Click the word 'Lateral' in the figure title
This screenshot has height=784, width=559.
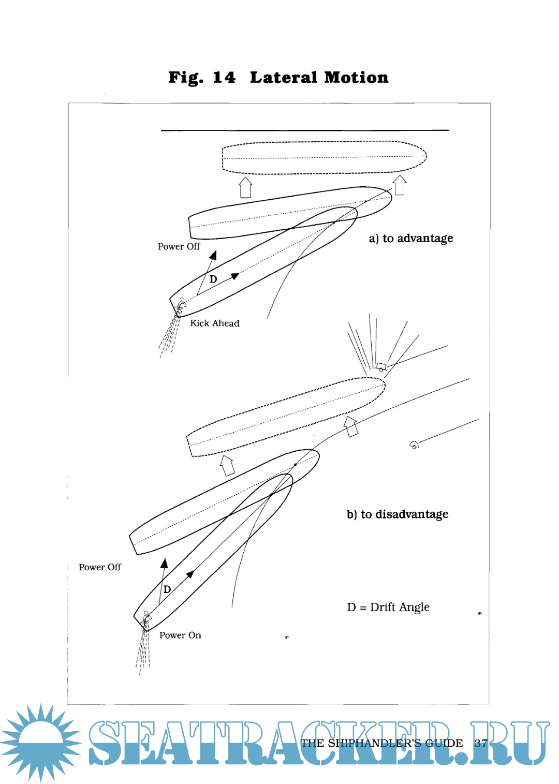click(x=283, y=78)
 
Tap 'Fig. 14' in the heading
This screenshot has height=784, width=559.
click(x=202, y=78)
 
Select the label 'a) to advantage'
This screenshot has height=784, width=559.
click(x=411, y=239)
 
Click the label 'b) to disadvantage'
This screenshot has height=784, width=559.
click(x=398, y=514)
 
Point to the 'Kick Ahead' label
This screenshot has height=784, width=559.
click(x=214, y=323)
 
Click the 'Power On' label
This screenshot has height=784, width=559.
click(x=180, y=635)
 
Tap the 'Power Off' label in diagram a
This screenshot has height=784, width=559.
click(x=179, y=247)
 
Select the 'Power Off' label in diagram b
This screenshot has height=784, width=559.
click(x=99, y=568)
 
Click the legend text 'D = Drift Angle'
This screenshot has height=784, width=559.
click(x=388, y=607)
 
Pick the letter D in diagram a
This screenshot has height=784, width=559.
click(x=213, y=279)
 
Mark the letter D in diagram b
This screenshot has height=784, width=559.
click(x=167, y=589)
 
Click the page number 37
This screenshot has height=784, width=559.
click(x=481, y=743)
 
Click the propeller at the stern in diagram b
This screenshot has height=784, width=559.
click(x=146, y=617)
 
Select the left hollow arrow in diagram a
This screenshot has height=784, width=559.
click(x=245, y=187)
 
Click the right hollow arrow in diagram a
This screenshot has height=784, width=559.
click(x=400, y=185)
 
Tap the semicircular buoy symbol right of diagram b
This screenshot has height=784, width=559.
click(x=414, y=445)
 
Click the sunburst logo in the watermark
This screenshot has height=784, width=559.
click(x=40, y=742)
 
